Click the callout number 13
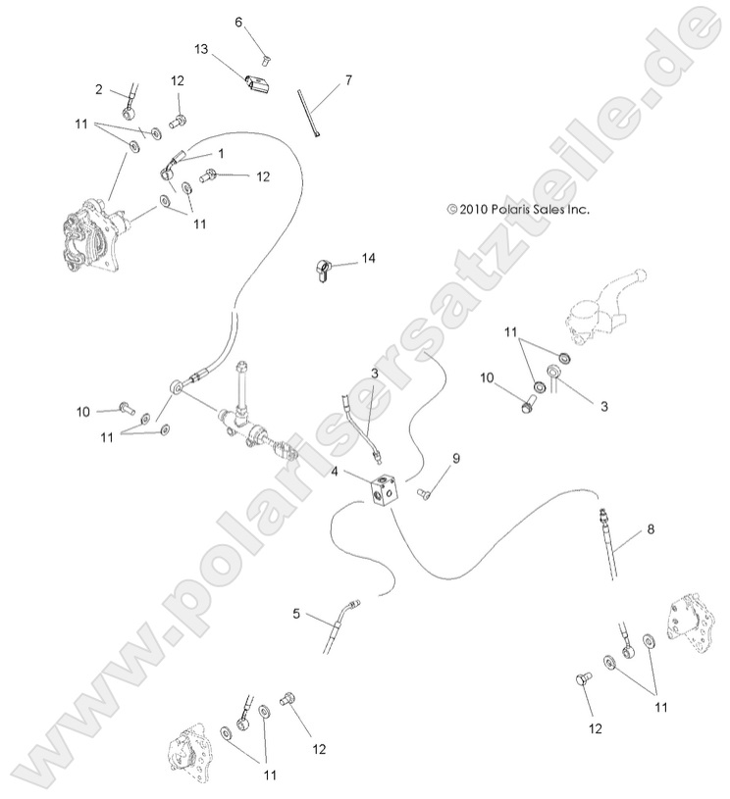(200, 48)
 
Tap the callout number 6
(237, 22)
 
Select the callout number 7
(348, 79)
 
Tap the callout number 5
(296, 614)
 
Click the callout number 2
(99, 89)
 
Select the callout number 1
(222, 153)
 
